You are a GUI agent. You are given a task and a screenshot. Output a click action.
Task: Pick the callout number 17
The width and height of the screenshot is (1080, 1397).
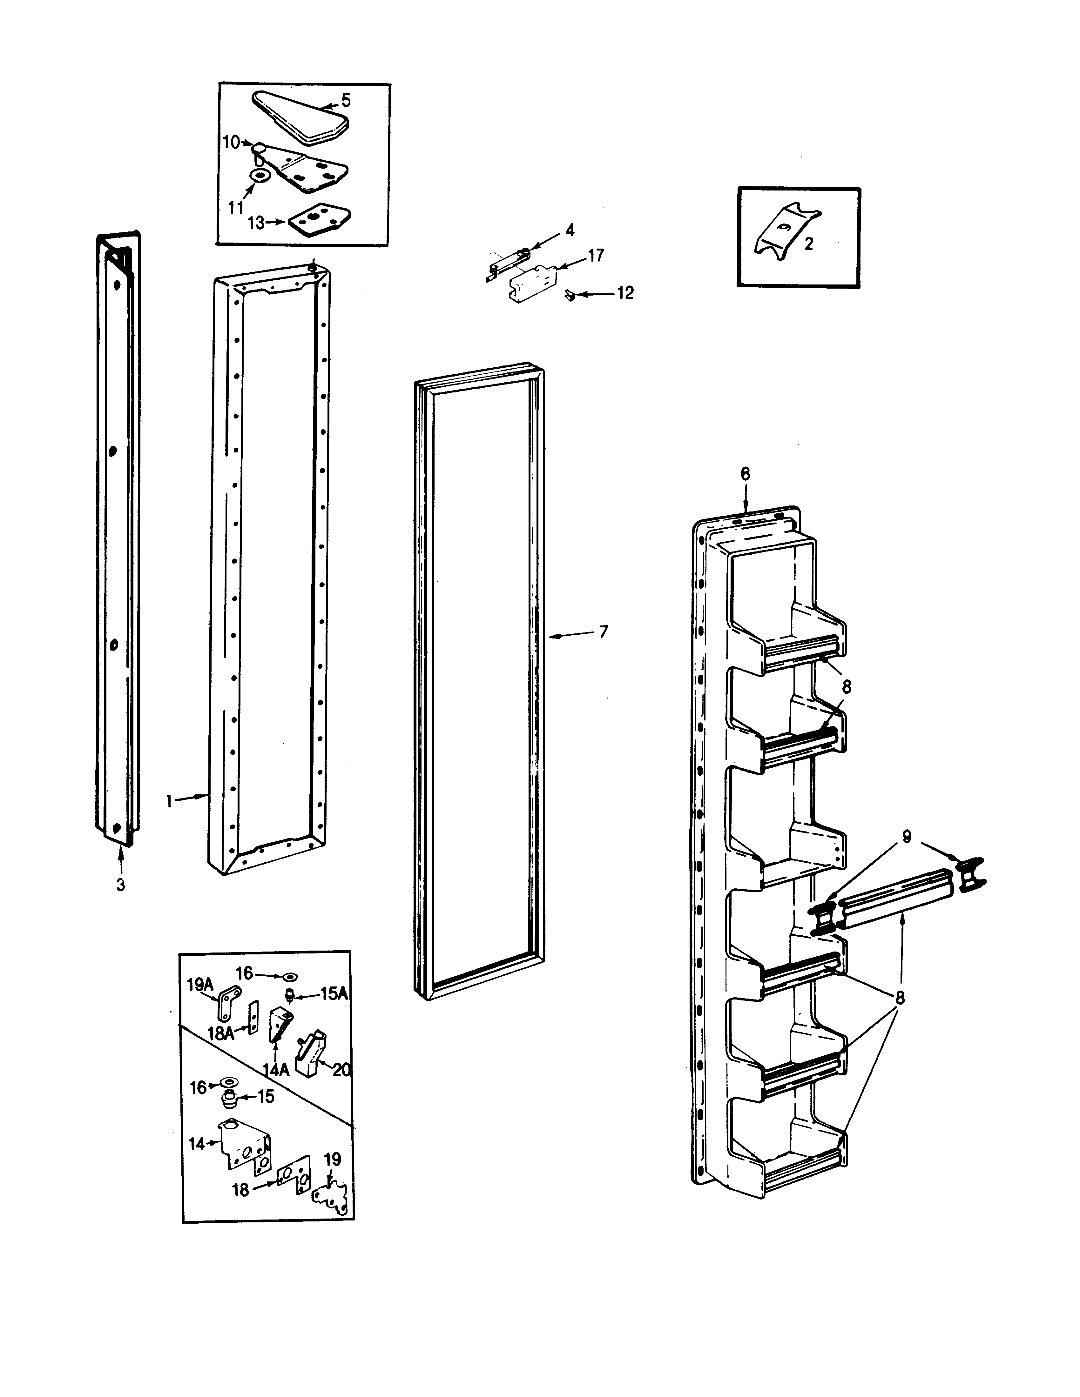pos(596,256)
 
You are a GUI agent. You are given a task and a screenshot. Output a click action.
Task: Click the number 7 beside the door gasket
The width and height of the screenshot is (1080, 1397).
pos(603,632)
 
